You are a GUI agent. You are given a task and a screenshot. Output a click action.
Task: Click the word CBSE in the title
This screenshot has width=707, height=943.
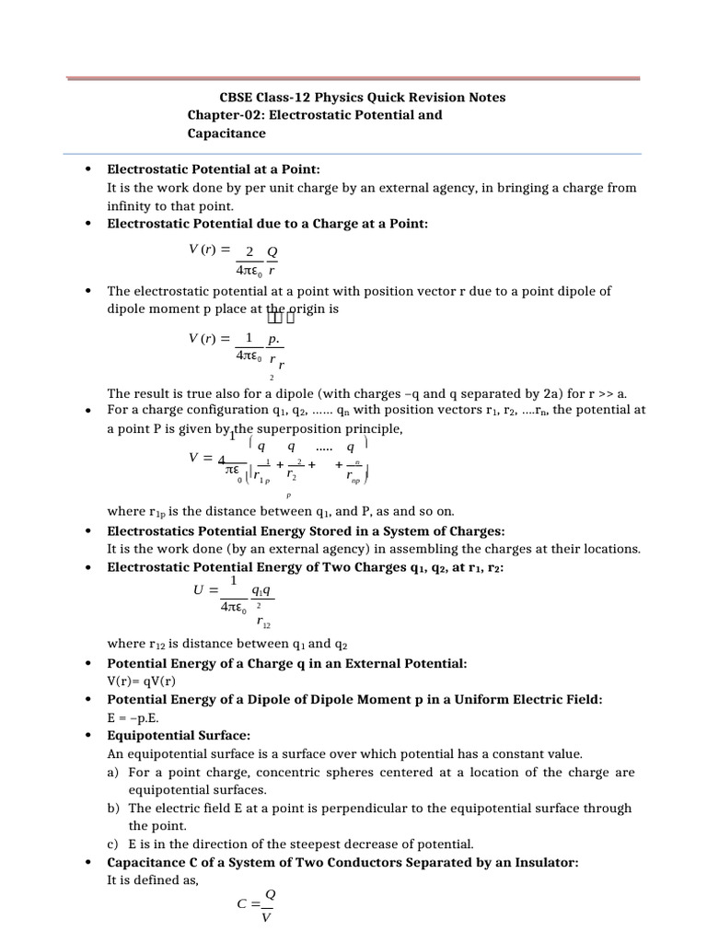237,98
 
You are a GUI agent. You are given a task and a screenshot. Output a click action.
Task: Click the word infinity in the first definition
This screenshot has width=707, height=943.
133,205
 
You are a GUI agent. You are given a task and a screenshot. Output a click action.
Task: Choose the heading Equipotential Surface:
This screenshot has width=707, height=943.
179,736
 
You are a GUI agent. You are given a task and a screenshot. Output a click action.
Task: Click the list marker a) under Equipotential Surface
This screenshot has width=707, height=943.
113,772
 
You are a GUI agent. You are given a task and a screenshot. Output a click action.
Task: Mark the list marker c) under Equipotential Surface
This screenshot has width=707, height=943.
113,844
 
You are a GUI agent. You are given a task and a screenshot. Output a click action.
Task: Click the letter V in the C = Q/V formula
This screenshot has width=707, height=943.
266,917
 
